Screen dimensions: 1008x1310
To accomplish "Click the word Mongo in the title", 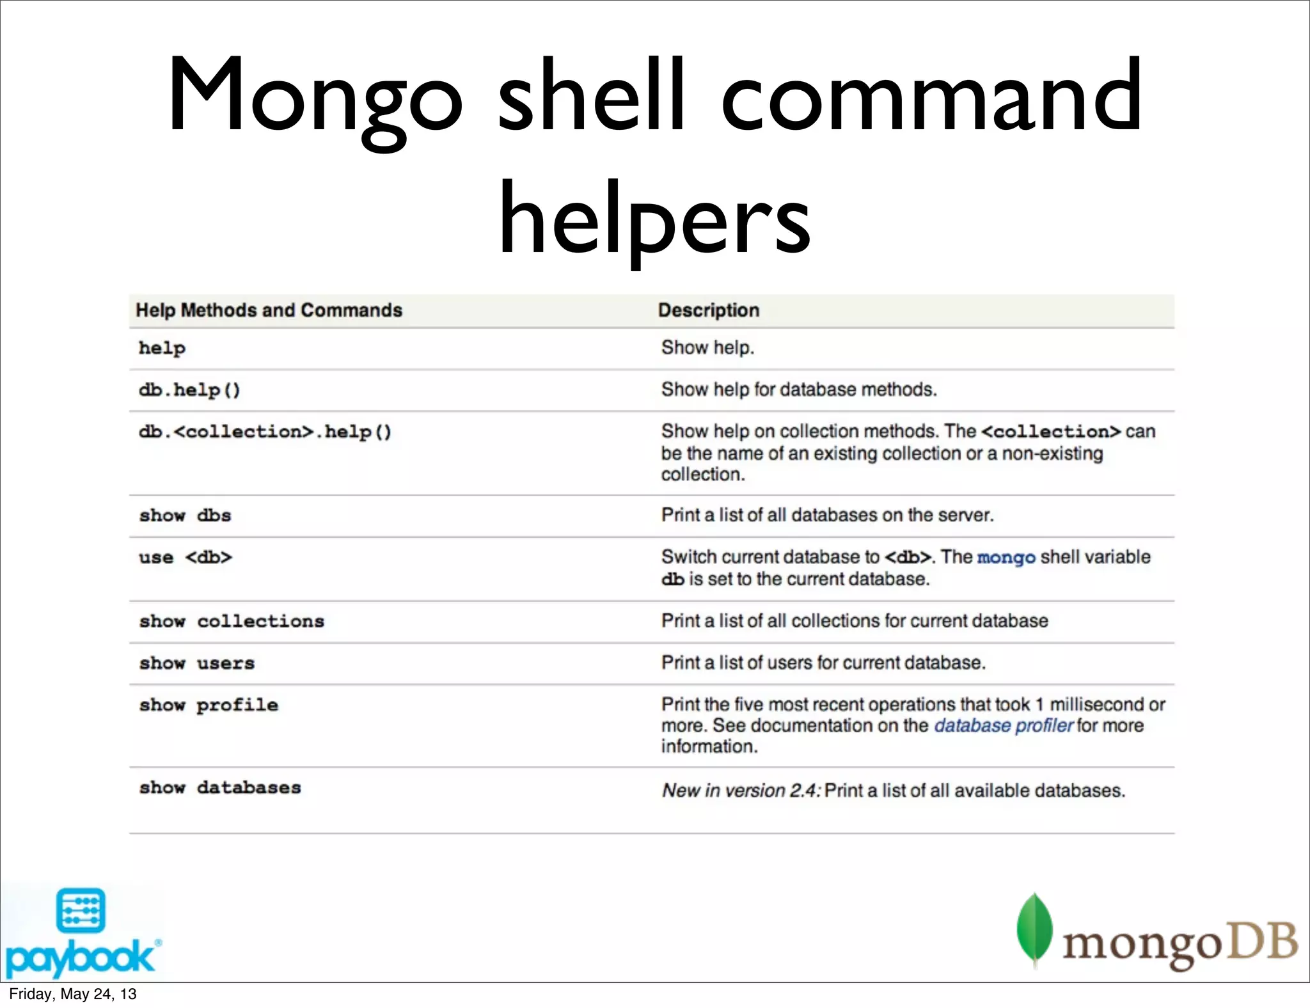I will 315,96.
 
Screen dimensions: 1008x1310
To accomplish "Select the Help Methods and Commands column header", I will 269,310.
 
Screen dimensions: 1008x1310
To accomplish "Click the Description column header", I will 709,310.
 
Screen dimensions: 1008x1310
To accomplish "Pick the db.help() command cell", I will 189,390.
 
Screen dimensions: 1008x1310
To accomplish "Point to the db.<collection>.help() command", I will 265,432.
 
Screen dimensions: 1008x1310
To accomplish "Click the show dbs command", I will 185,516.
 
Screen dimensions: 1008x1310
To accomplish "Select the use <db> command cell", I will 185,557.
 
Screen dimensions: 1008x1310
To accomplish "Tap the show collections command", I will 232,621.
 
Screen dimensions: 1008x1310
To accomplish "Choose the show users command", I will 197,663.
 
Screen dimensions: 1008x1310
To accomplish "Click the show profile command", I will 209,705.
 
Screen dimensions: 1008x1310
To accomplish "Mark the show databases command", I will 220,788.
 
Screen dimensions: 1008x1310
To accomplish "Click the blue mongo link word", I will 1006,557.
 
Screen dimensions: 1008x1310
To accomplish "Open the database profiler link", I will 1003,725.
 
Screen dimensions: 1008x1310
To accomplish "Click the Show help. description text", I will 707,347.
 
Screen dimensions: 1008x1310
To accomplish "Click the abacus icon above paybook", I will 81,910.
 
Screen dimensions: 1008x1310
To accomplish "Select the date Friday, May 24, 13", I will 73,994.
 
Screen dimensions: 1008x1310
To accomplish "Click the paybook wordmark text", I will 79,957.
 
